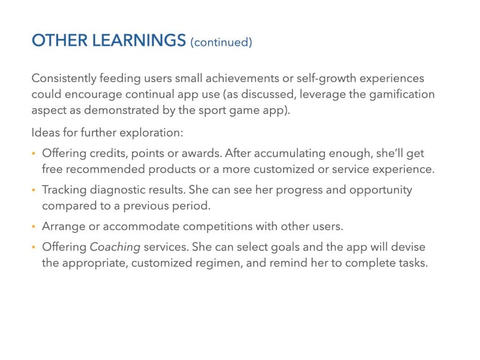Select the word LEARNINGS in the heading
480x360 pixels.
[139, 41]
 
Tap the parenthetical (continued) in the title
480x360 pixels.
[221, 42]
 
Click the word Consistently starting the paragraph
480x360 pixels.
[64, 78]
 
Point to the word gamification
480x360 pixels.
[402, 94]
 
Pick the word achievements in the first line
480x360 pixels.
[242, 78]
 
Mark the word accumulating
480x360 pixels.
[290, 153]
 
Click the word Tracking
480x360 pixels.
[64, 190]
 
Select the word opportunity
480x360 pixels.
[380, 190]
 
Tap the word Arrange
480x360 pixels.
[64, 226]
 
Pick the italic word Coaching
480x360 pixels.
[115, 247]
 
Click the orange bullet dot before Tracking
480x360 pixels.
[33, 190]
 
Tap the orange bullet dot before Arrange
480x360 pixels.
[33, 226]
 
